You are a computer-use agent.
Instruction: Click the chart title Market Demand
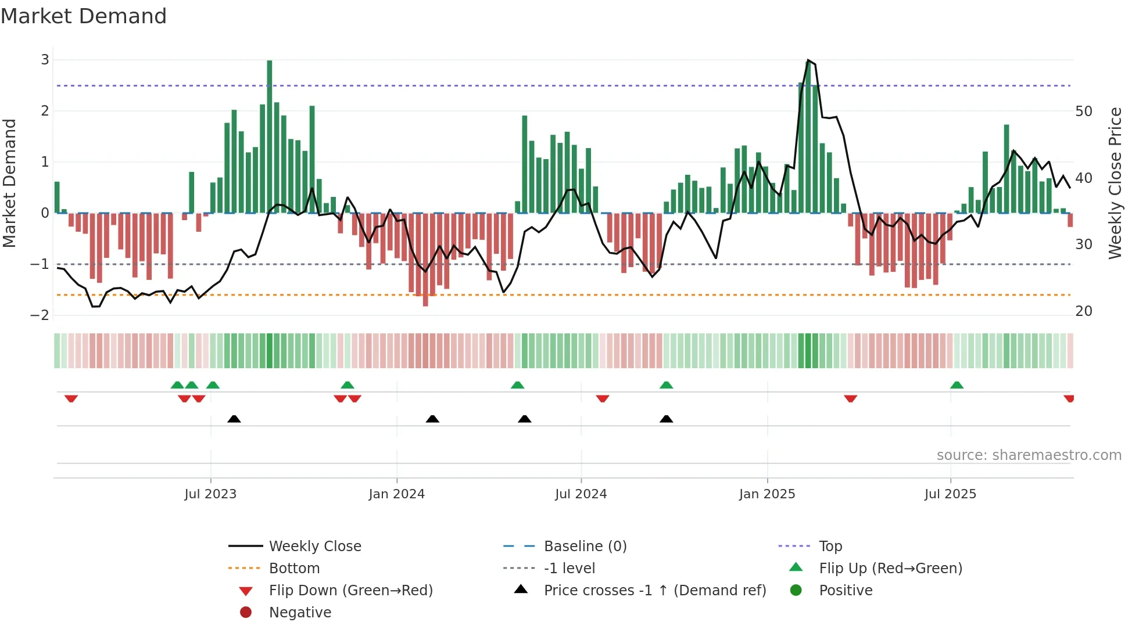tap(84, 16)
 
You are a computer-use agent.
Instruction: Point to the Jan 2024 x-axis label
tap(396, 494)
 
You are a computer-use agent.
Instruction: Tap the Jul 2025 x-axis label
tap(950, 494)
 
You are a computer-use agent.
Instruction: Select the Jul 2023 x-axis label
tap(210, 494)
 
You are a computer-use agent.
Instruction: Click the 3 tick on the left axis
tap(45, 60)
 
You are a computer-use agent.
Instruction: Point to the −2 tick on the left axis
tap(40, 315)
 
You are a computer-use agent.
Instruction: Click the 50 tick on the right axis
tap(1084, 112)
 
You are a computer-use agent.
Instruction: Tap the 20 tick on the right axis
tap(1084, 311)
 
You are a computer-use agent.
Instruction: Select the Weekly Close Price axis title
tap(1115, 183)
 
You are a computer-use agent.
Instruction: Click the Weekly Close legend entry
tap(314, 546)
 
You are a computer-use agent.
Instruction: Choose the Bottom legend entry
tap(294, 569)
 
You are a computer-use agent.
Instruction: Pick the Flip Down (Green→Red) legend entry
tap(350, 591)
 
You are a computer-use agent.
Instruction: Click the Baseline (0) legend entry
tap(585, 546)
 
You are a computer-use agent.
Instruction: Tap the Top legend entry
tap(830, 546)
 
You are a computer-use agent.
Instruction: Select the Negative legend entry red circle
tap(246, 613)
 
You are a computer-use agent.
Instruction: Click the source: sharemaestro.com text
tap(1029, 455)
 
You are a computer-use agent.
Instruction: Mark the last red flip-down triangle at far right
tap(1069, 398)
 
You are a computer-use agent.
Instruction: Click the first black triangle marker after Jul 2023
tap(234, 419)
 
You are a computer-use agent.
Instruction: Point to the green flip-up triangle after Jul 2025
tap(957, 385)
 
